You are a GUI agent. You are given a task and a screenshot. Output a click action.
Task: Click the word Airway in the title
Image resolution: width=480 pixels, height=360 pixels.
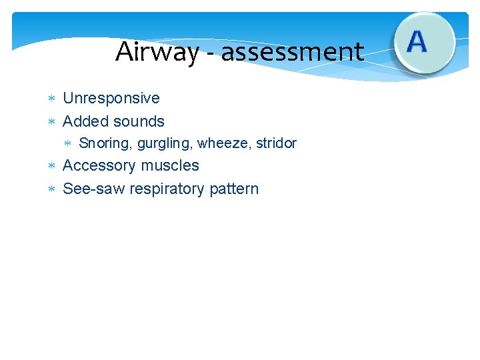[x=157, y=52]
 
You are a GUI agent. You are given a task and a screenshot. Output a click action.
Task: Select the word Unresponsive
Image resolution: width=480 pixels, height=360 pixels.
[x=111, y=98]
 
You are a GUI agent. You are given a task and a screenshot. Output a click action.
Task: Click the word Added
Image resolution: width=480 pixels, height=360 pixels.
[x=86, y=121]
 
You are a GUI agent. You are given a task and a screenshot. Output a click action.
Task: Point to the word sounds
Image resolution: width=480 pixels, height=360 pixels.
[x=139, y=121]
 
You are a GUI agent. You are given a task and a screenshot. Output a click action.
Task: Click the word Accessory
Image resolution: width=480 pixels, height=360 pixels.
[x=97, y=165]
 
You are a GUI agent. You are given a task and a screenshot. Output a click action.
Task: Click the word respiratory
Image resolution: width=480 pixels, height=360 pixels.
[x=167, y=189]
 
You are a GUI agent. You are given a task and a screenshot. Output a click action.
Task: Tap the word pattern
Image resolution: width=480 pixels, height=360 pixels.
[x=234, y=189]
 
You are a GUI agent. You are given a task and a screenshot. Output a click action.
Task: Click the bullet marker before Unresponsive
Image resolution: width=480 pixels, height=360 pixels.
[x=52, y=99]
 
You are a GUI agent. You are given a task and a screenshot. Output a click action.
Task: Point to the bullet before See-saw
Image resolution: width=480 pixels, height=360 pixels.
[x=52, y=190]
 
